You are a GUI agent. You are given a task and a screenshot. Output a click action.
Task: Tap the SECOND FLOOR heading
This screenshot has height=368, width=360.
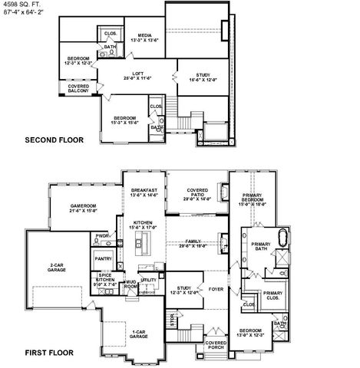(x=53, y=140)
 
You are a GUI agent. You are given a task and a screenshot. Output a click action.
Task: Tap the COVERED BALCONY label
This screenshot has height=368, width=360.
(x=80, y=89)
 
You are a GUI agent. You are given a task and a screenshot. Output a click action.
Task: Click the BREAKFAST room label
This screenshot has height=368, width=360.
(x=144, y=192)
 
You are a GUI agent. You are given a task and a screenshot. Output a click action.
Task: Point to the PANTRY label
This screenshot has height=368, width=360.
(x=104, y=260)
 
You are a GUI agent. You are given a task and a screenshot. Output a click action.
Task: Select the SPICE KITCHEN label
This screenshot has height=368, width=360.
(x=104, y=278)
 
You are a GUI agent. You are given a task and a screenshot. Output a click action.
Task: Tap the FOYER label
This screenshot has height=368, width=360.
(x=216, y=289)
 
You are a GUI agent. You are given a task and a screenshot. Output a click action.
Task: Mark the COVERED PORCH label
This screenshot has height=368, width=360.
(x=216, y=346)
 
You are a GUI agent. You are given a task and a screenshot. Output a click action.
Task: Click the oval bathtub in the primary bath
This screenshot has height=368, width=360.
(x=281, y=236)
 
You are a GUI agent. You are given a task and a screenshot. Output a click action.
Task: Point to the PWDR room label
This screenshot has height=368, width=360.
(x=101, y=235)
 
